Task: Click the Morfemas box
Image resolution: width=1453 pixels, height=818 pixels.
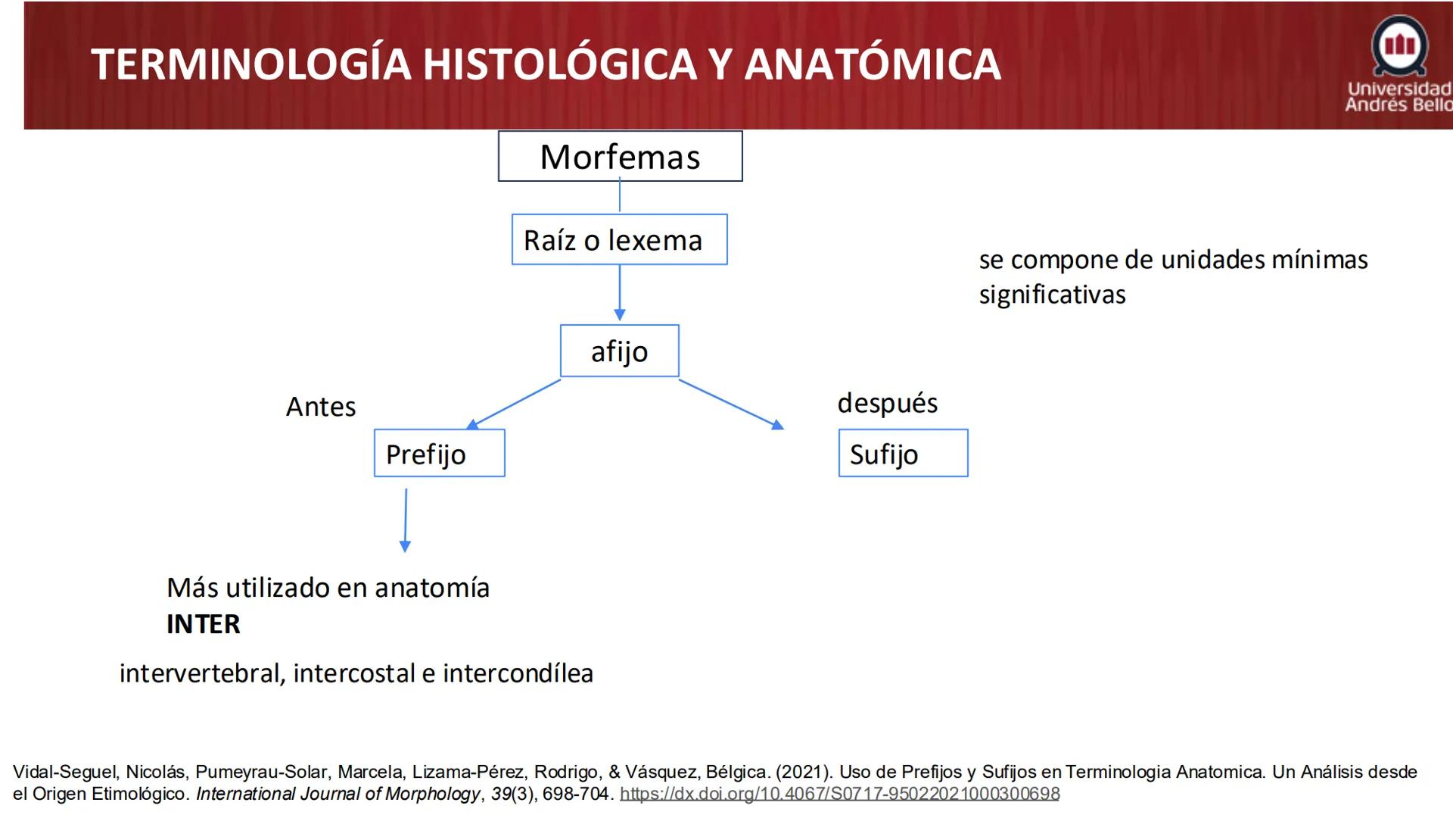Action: (620, 156)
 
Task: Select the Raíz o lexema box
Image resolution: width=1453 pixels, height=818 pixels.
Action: (619, 239)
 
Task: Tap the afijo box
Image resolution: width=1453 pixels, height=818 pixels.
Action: (619, 351)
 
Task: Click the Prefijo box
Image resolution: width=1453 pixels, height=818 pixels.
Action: (439, 453)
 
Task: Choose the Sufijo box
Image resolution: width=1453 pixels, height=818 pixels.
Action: (903, 453)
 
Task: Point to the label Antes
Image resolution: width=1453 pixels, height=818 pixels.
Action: (321, 407)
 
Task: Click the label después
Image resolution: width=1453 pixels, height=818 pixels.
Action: (887, 403)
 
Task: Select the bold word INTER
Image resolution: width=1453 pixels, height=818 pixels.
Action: (203, 624)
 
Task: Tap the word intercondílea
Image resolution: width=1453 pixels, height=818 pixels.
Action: (518, 673)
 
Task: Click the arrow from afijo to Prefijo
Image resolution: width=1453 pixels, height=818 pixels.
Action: (515, 404)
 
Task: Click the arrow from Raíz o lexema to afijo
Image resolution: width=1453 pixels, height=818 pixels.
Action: (620, 292)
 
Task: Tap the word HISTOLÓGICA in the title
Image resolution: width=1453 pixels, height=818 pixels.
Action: (559, 64)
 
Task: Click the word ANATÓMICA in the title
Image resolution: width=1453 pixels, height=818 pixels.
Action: (873, 64)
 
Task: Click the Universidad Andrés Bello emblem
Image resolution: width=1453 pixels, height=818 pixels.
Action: (1399, 45)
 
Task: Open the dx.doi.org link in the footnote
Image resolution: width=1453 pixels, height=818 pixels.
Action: (839, 794)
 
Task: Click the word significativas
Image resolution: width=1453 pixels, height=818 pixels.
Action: (1052, 295)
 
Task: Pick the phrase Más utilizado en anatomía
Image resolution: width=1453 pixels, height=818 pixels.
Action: (328, 588)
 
